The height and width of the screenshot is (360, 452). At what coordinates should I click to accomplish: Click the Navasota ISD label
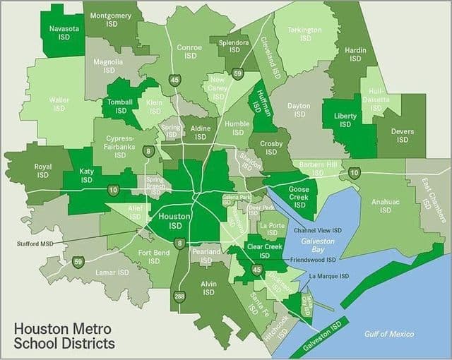63,33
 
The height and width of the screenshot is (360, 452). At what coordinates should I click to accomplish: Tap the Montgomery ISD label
112,19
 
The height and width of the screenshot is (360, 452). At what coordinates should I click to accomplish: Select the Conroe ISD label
189,52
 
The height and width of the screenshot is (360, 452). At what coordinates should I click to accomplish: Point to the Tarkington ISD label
305,34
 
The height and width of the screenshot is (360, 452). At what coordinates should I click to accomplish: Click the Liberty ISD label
345,120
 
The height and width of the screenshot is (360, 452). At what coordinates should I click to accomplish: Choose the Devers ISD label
402,136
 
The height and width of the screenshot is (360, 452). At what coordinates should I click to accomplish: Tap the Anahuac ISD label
385,205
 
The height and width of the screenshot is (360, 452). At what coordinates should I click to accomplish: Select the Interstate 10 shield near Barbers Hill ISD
355,172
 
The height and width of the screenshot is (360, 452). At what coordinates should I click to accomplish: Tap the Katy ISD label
86,176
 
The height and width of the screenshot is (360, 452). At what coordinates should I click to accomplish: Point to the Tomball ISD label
121,106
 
